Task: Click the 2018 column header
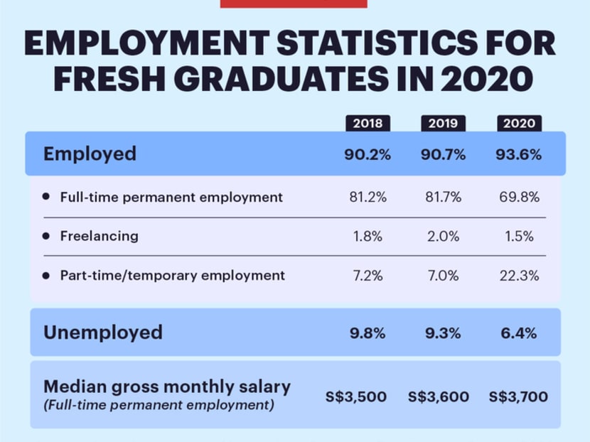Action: click(368, 123)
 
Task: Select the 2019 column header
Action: click(443, 123)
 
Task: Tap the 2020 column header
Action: click(519, 123)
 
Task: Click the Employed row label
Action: click(90, 154)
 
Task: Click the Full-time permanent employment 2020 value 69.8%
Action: click(519, 197)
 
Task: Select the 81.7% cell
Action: click(443, 197)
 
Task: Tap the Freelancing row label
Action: click(99, 236)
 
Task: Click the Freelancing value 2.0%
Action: click(443, 237)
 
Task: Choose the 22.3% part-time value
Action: click(519, 275)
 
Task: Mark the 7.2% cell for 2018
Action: click(368, 275)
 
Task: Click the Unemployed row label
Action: click(103, 332)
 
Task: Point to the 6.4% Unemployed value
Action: click(519, 333)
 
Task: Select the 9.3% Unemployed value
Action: click(443, 333)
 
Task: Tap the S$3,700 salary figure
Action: click(519, 397)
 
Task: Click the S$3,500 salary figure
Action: click(356, 397)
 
